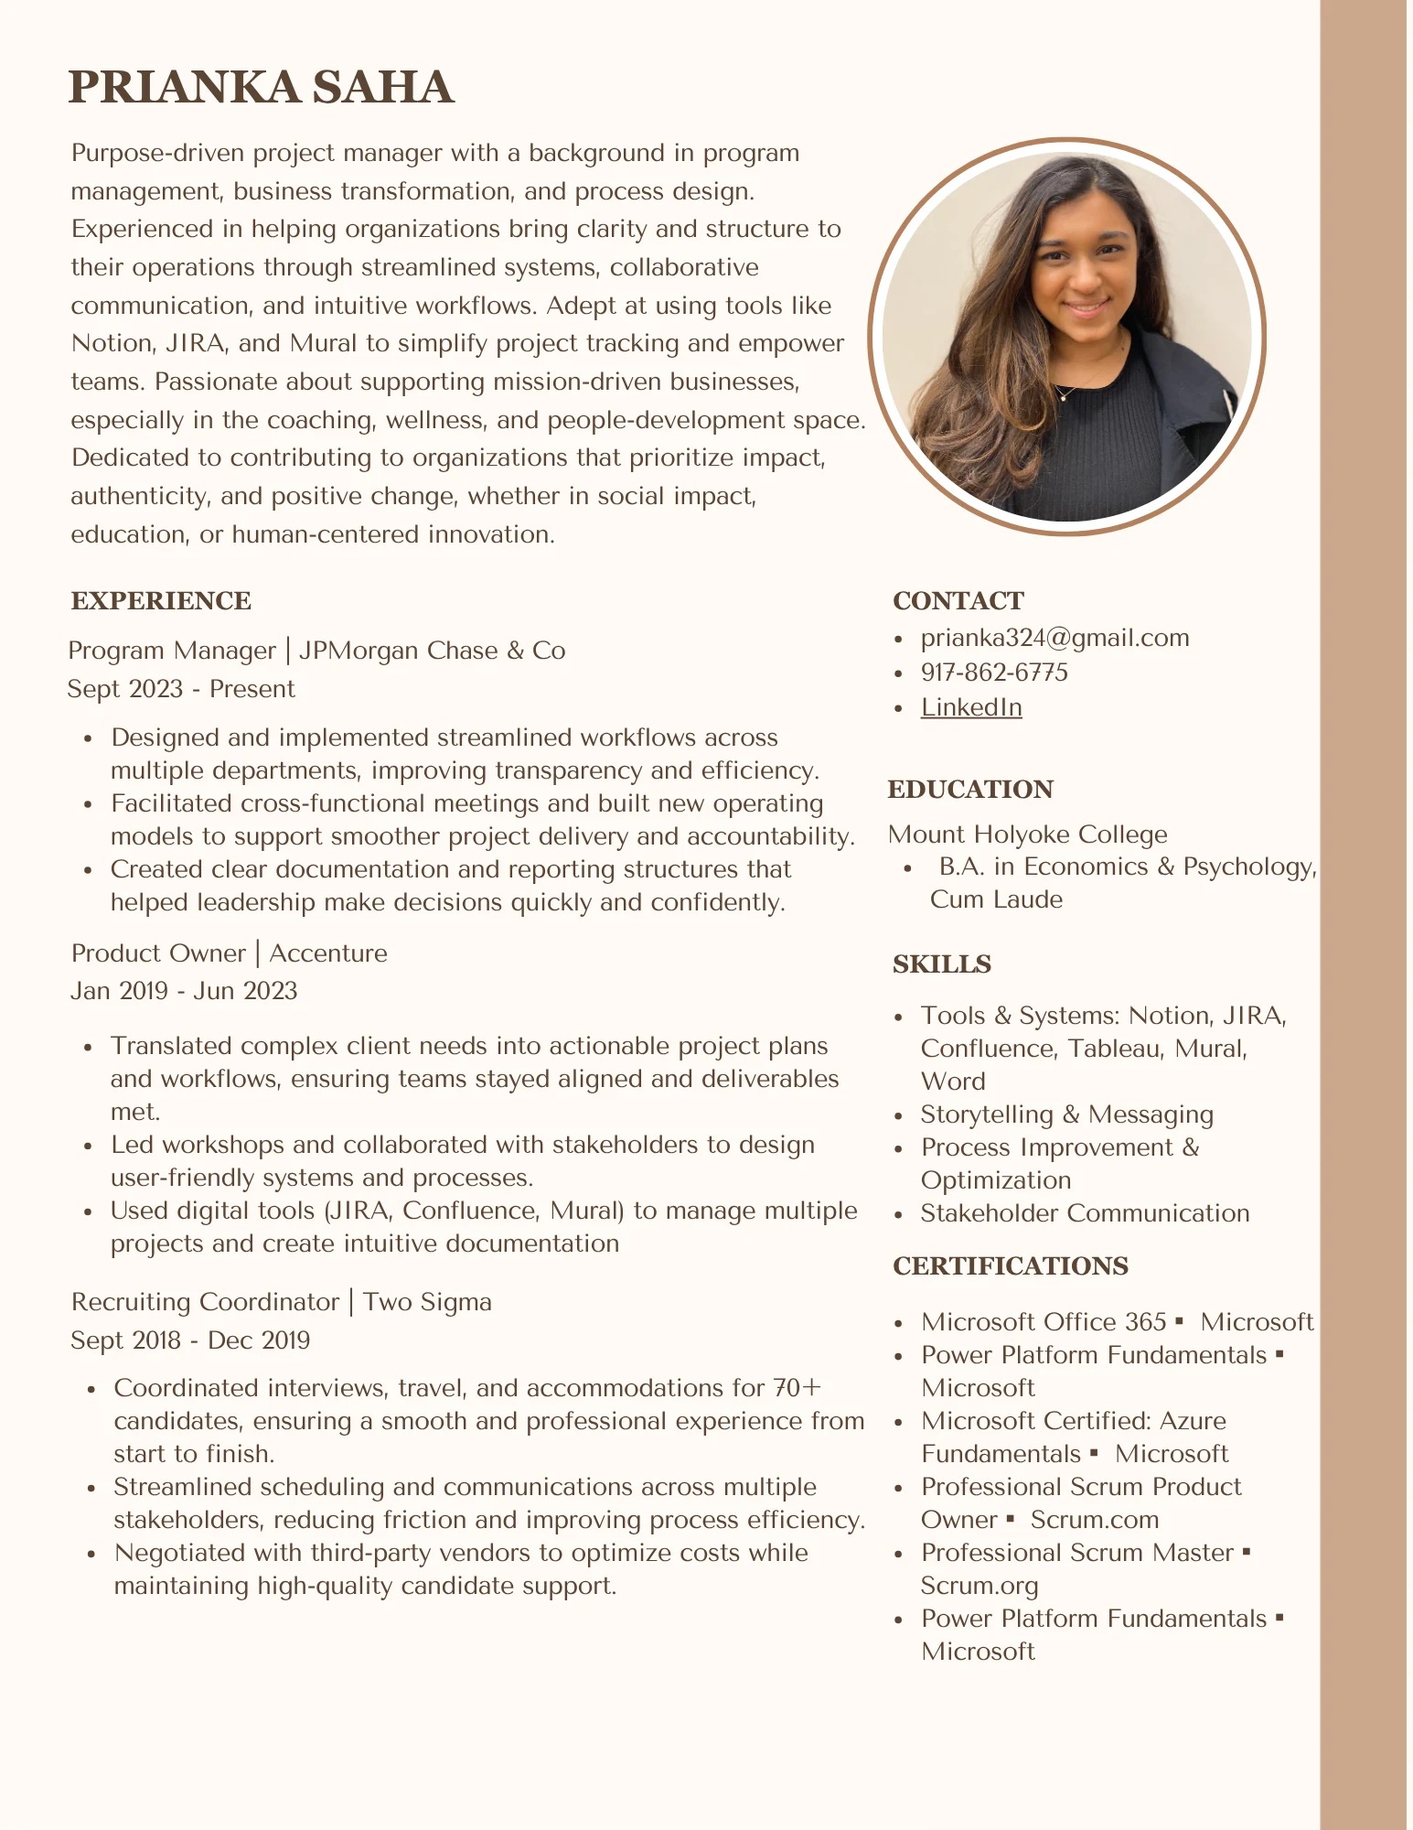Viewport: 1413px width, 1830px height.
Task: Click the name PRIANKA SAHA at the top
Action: [x=261, y=88]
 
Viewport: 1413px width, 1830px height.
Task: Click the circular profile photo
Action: [x=1066, y=337]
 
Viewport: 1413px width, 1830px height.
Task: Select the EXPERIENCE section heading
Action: [x=161, y=601]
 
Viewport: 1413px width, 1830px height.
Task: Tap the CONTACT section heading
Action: [x=958, y=601]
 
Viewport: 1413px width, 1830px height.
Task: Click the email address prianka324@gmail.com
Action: [x=1054, y=638]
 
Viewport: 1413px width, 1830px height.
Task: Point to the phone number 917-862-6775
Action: [x=994, y=673]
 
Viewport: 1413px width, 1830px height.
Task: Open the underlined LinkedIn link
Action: [x=971, y=707]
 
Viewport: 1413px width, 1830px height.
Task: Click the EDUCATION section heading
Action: [x=970, y=790]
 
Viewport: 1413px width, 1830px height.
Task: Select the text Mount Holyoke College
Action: [x=1027, y=834]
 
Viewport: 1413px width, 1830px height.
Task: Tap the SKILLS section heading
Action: [x=941, y=964]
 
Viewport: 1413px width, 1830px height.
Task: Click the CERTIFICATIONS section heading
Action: [x=1010, y=1266]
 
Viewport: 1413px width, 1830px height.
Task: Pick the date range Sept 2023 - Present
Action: [x=181, y=689]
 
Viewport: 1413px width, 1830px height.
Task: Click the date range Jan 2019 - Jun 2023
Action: [x=184, y=991]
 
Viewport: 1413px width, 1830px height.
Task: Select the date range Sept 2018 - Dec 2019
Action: [x=190, y=1340]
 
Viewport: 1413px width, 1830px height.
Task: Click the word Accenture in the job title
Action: [x=328, y=953]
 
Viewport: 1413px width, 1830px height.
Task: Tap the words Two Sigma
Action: [x=427, y=1302]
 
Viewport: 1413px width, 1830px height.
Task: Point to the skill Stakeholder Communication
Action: [x=1085, y=1213]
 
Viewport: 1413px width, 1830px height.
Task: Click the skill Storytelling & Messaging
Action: [x=1066, y=1114]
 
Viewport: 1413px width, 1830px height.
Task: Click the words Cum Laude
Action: [x=996, y=899]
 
